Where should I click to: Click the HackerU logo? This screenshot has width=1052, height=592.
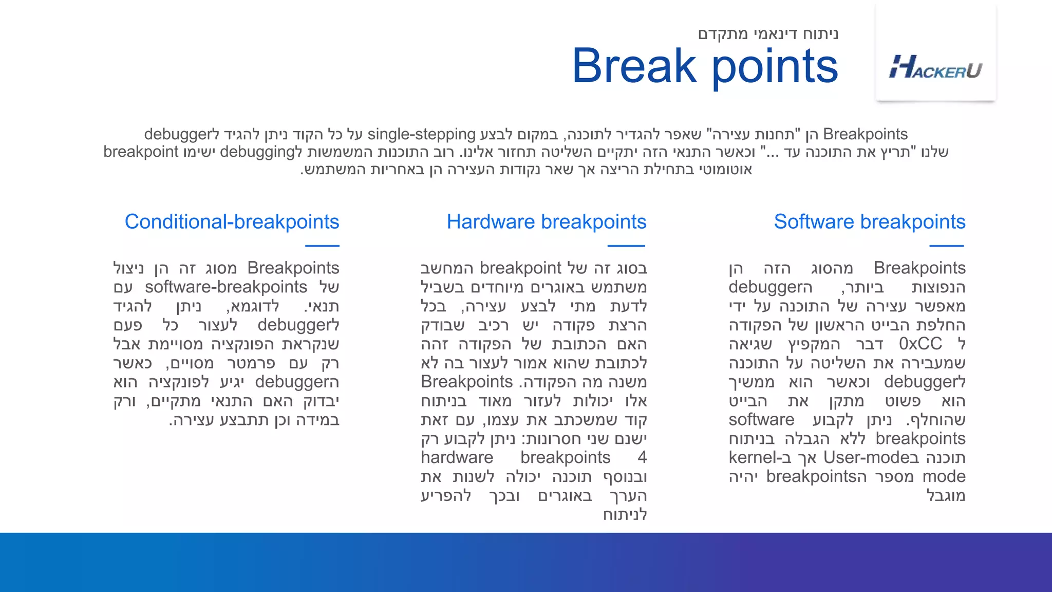pos(935,67)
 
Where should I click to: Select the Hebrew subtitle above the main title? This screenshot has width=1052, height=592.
pos(768,34)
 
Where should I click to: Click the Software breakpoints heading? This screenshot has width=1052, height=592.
pos(869,221)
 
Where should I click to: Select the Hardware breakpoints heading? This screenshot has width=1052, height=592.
pos(546,221)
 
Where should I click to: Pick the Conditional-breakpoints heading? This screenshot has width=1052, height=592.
pos(232,221)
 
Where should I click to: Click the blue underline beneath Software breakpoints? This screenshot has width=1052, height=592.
pos(946,246)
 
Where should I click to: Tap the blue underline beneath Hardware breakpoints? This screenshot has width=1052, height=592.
pos(626,246)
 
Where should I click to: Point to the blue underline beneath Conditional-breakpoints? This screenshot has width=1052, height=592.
pos(322,246)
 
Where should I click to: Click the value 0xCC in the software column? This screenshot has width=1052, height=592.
pos(920,343)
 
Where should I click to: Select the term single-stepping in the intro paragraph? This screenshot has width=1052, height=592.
pos(421,134)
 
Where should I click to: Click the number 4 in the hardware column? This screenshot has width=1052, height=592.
pos(642,457)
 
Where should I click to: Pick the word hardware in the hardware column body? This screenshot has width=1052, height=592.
pos(457,457)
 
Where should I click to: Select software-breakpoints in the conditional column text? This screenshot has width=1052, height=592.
pos(226,287)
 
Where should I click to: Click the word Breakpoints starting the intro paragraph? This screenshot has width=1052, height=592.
pos(865,134)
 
